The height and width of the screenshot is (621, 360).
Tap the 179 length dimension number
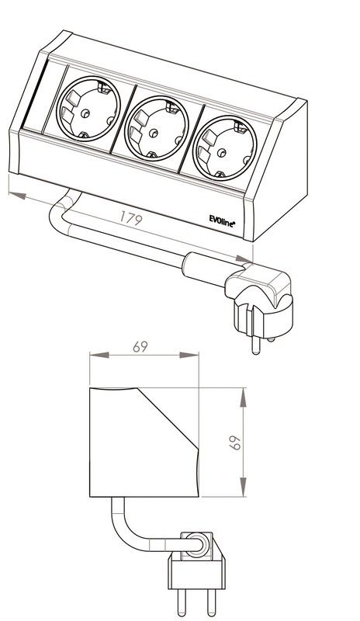pos(131,218)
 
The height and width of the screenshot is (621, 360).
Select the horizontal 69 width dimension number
pos(140,346)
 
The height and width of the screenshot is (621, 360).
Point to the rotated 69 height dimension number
pos(235,442)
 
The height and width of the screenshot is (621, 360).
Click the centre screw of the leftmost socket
pos(85,113)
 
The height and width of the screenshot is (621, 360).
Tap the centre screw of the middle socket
pos(154,133)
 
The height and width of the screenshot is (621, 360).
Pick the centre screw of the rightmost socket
pos(222,152)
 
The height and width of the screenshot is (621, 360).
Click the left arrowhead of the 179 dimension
pos(17,196)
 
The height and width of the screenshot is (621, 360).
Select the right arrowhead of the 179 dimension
pos(244,259)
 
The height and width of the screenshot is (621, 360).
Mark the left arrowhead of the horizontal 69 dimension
pos(99,355)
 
